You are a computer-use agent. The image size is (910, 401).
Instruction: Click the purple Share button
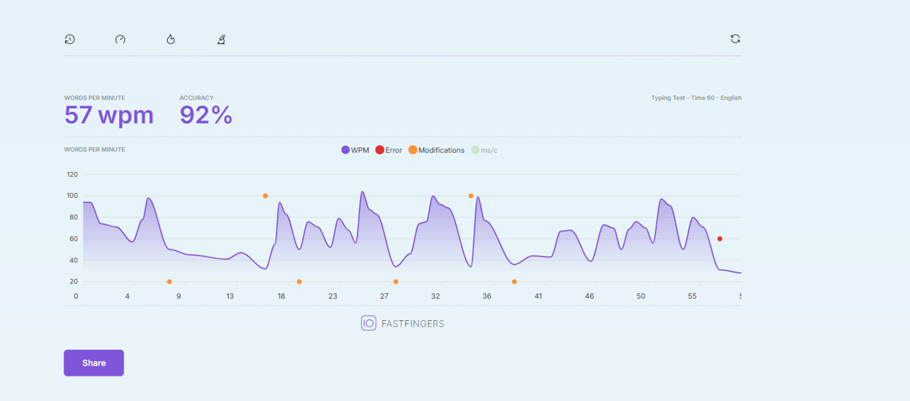click(x=94, y=363)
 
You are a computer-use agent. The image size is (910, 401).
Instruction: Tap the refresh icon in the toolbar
click(x=735, y=39)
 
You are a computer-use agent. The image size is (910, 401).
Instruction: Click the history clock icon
click(x=70, y=40)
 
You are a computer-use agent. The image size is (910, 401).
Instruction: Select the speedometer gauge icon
click(x=120, y=40)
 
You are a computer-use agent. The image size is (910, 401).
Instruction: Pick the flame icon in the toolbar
click(x=171, y=39)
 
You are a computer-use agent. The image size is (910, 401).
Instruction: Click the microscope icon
click(x=221, y=40)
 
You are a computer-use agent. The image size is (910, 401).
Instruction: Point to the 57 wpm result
click(x=109, y=115)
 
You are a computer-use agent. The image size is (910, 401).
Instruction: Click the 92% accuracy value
click(x=206, y=115)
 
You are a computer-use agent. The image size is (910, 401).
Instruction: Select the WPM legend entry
click(x=355, y=150)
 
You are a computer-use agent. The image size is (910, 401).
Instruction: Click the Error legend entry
click(x=389, y=150)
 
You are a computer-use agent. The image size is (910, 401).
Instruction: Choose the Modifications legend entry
click(x=437, y=150)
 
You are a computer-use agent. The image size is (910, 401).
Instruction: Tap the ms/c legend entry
click(x=484, y=150)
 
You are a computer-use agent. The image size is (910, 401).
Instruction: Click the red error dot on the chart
click(x=720, y=239)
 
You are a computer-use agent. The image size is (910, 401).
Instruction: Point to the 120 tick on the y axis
click(x=72, y=175)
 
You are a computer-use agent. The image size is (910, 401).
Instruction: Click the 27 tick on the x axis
click(x=384, y=296)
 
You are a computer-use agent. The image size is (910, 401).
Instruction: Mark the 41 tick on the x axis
click(x=538, y=296)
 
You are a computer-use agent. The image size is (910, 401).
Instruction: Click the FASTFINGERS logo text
click(x=413, y=324)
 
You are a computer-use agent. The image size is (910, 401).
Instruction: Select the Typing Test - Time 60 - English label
click(x=696, y=98)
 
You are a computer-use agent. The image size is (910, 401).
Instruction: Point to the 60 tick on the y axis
click(x=74, y=239)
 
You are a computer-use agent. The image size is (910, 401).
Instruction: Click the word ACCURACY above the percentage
click(x=196, y=98)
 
